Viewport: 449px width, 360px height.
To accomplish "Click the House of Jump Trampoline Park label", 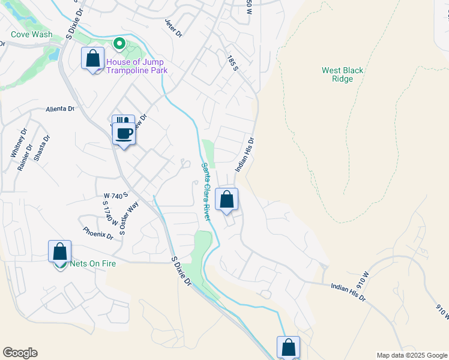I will tap(136, 66).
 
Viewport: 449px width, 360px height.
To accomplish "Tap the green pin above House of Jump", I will tap(119, 43).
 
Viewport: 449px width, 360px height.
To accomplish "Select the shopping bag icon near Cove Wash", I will tap(92, 59).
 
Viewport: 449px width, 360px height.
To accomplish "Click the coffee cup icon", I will tap(124, 133).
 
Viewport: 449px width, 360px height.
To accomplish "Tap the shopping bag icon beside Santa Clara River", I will tap(227, 200).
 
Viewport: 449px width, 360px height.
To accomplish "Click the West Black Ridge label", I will tap(342, 74).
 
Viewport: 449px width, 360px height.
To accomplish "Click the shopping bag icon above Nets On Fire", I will tap(60, 251).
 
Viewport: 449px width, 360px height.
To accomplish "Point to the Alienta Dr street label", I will tap(61, 109).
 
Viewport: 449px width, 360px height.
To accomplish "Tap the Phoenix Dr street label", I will tap(98, 232).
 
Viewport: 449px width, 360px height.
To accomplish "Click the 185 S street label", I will tap(234, 62).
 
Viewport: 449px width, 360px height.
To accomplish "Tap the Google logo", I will tap(20, 353).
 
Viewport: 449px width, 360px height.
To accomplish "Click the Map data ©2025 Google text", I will tap(412, 355).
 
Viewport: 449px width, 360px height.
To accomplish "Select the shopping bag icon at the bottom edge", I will tap(288, 347).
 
